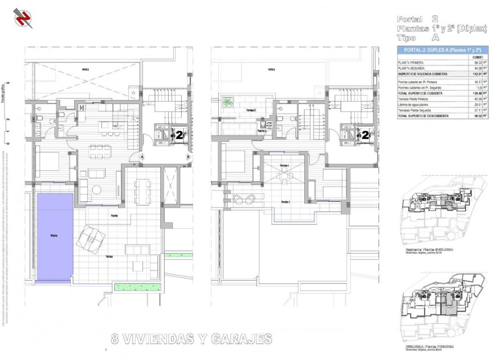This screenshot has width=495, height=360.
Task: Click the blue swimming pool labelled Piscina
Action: click(x=55, y=236)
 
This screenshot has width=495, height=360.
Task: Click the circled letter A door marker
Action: click(x=143, y=156)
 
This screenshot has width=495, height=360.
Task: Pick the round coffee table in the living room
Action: click(x=97, y=188)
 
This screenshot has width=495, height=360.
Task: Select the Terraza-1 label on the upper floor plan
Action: click(x=284, y=165)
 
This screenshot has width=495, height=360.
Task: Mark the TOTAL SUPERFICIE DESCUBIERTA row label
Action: click(x=423, y=115)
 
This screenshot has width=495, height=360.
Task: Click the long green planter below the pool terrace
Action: click(x=138, y=287)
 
